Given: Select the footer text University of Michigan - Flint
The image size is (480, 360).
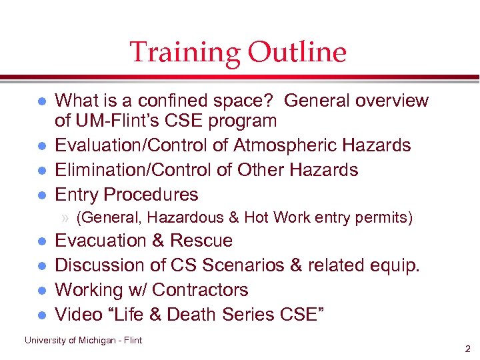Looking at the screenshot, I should tap(83, 340).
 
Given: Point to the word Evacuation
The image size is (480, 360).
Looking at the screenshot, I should tap(101, 241).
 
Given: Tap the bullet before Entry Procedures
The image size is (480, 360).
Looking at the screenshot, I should tap(41, 195).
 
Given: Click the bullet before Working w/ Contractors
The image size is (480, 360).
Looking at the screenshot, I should tap(41, 291).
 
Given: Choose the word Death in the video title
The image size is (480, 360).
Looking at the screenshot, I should tap(194, 315).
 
